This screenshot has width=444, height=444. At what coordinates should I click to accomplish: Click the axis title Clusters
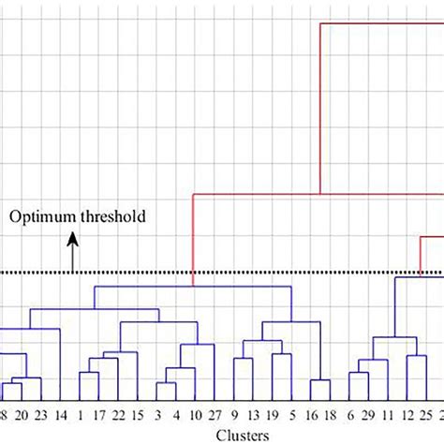pos(243,435)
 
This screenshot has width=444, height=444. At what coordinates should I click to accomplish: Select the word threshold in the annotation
pos(111,217)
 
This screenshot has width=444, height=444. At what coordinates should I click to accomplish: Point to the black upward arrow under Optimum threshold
pos(72,252)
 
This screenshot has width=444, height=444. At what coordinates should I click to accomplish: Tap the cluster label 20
pos(22,414)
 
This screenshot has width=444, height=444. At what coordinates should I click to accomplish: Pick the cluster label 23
pos(40,414)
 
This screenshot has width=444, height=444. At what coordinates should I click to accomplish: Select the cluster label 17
pos(98,414)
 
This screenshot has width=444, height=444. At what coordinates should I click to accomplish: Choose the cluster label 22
pos(118,414)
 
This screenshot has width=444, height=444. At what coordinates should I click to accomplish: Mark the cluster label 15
pos(138,414)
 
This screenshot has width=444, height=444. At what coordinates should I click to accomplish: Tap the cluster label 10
pos(195,414)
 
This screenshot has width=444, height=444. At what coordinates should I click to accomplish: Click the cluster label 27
pos(215,414)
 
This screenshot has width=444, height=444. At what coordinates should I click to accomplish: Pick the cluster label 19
pos(274,414)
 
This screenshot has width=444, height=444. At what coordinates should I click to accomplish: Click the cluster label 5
pos(293,414)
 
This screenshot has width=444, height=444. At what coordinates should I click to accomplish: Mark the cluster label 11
pos(388,414)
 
